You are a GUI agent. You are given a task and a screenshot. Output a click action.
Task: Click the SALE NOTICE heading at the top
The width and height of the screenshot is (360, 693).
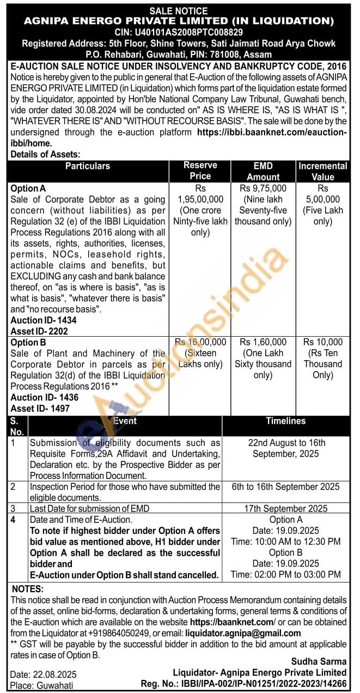click(179, 10)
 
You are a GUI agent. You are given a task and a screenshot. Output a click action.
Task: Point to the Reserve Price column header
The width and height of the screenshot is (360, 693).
click(200, 171)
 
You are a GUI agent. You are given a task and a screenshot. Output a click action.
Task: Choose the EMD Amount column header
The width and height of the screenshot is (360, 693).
click(263, 171)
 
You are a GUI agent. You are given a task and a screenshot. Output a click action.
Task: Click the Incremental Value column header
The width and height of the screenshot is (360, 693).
click(322, 171)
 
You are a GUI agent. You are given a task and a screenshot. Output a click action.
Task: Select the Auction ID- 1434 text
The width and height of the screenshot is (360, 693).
click(44, 320)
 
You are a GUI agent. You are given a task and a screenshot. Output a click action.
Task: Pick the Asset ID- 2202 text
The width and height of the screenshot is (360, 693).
click(40, 331)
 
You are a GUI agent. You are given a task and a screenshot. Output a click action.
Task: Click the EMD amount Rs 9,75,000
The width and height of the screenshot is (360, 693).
click(263, 189)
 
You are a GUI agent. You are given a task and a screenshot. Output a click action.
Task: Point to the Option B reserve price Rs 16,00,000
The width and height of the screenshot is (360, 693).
click(200, 342)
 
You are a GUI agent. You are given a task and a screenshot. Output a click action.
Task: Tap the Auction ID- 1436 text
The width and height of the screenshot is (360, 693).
click(44, 398)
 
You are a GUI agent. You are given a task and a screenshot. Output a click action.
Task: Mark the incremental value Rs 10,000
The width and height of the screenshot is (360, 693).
click(322, 342)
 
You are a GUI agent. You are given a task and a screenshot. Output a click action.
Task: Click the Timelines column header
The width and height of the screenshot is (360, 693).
click(286, 421)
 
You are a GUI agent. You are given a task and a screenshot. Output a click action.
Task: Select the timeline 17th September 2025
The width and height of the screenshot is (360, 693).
click(286, 508)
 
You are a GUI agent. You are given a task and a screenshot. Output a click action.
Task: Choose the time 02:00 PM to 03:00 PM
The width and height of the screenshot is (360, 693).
click(286, 574)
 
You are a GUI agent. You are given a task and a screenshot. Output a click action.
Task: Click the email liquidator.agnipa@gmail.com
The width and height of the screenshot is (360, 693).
click(243, 633)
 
